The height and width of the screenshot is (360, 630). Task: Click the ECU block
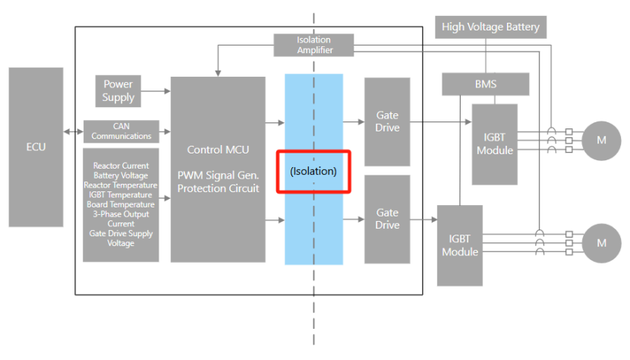[x=36, y=147]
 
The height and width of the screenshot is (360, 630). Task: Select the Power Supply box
[x=118, y=91]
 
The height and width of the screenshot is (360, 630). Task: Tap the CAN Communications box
[x=121, y=132]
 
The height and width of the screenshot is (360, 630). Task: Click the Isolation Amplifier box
[x=314, y=45]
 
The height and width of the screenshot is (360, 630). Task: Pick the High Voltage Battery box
[x=490, y=27]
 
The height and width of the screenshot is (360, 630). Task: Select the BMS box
[x=485, y=84]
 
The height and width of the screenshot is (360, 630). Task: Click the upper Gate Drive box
[x=387, y=122]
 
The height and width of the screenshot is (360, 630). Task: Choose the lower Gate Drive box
[x=387, y=219]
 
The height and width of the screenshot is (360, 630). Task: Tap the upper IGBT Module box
[x=495, y=144]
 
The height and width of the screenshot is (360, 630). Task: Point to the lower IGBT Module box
[x=460, y=245]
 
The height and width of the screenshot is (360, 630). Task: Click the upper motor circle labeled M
[x=601, y=140]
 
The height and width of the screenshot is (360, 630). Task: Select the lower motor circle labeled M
[x=601, y=243]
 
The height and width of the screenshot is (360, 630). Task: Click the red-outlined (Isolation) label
[x=313, y=171]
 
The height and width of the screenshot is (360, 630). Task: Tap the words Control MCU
[x=218, y=150]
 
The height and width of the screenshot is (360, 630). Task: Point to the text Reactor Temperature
[x=121, y=185]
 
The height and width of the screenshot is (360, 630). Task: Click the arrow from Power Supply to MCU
[x=155, y=91]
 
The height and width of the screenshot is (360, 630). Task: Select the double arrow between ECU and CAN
[x=74, y=132]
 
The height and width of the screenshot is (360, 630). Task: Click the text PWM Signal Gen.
[x=218, y=175]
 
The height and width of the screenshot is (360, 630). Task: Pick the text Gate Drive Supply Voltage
[x=121, y=238]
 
